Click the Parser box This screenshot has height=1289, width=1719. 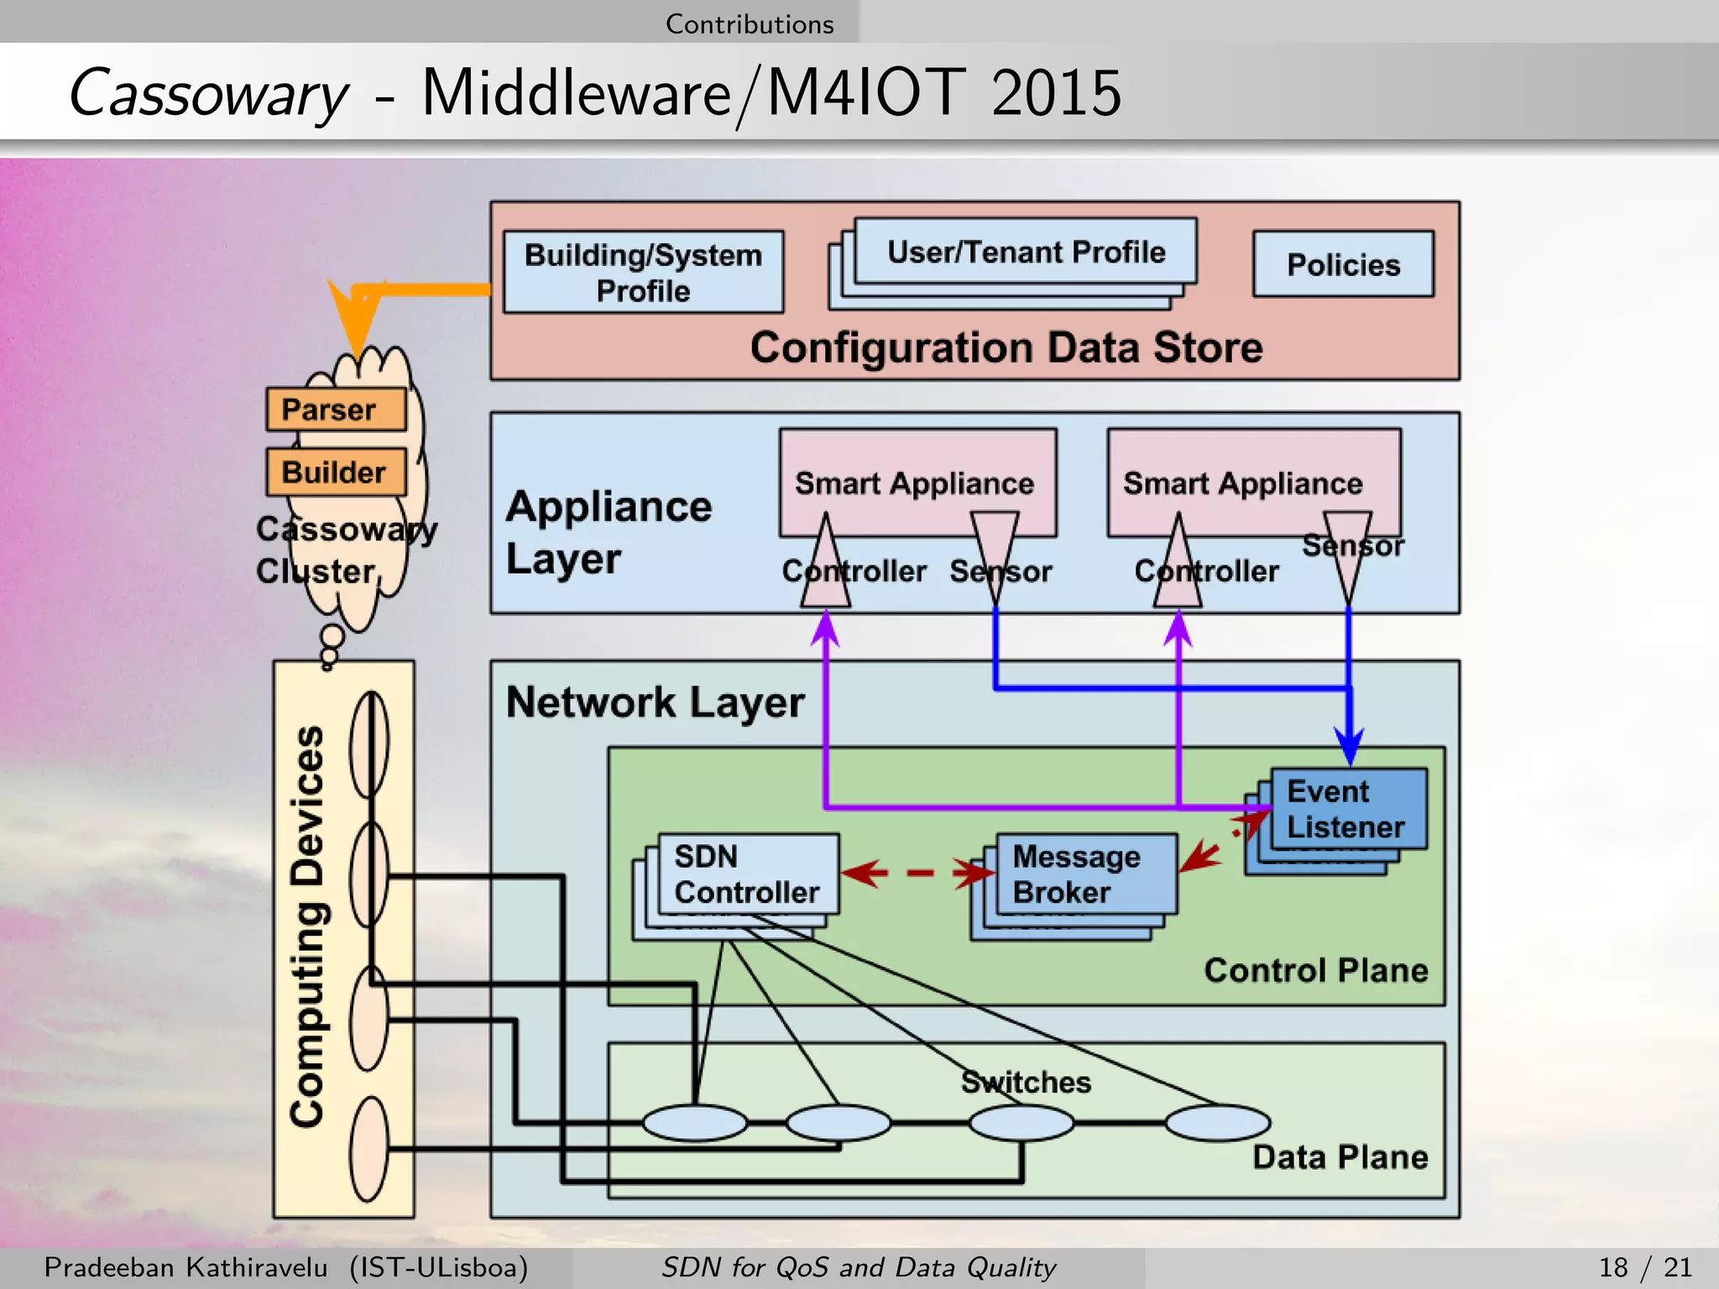tap(336, 410)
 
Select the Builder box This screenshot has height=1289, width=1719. tap(336, 472)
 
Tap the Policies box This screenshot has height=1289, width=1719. tap(1343, 264)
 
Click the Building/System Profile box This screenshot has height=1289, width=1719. tap(643, 272)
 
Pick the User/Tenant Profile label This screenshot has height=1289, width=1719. tap(1026, 252)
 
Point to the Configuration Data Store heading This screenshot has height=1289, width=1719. tap(1006, 347)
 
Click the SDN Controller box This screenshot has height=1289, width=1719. tap(748, 874)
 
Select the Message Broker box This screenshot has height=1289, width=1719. tap(1086, 874)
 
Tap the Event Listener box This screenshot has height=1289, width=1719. tap(1348, 808)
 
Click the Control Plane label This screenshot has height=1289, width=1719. tap(1315, 970)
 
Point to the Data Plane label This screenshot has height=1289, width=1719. tap(1340, 1157)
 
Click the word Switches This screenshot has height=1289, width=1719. tap(1026, 1082)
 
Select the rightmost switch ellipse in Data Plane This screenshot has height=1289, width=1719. tap(1217, 1123)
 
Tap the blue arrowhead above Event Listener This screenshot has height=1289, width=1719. tap(1349, 746)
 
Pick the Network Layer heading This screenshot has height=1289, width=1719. tap(655, 702)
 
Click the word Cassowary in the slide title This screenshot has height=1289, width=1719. tap(207, 92)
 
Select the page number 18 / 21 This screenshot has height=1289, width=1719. tap(1644, 1267)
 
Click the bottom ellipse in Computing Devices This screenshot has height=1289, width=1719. tap(369, 1150)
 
